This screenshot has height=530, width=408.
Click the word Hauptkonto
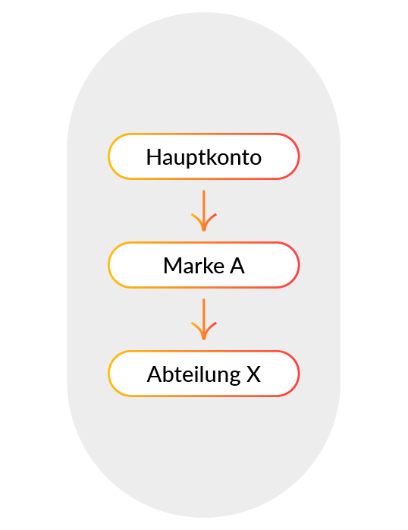(203, 157)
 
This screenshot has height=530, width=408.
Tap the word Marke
(193, 266)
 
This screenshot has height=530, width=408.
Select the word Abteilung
(193, 375)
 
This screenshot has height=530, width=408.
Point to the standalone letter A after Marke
(237, 266)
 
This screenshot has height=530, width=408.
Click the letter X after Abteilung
(253, 374)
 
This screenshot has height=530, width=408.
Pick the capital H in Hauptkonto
(153, 157)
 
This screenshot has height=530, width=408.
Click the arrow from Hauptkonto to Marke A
(203, 210)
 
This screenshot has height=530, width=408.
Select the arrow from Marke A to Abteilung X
(203, 319)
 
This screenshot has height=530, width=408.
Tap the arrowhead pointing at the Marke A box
(203, 223)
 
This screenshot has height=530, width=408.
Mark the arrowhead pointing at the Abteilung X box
(203, 332)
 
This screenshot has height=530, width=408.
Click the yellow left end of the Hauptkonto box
(108, 156)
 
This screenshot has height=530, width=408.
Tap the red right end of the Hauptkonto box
(299, 156)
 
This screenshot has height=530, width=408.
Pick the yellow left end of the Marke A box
(108, 265)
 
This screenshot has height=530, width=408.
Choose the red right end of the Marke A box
(299, 265)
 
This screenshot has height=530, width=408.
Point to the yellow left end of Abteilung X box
(108, 374)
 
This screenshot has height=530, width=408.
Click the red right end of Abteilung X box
(299, 374)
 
